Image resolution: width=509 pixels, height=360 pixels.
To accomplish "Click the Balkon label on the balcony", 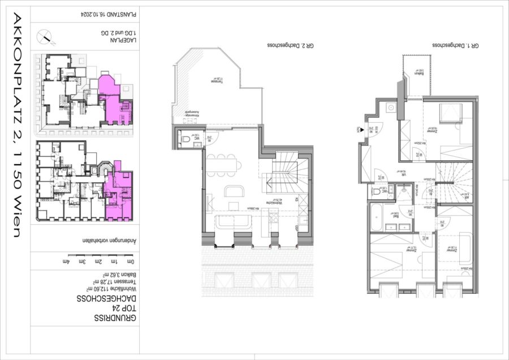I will click(419, 72).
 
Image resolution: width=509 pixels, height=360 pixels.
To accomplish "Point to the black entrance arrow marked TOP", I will click(360, 130).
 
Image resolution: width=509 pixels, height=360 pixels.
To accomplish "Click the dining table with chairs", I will click(224, 165).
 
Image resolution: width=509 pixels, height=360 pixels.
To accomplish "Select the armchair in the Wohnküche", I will click(233, 191).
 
